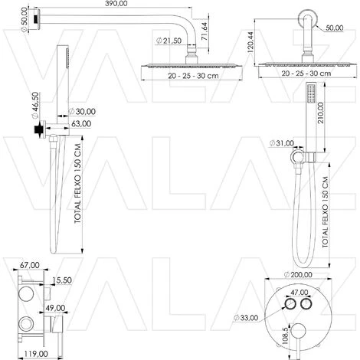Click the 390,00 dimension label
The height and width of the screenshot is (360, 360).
click(x=116, y=4)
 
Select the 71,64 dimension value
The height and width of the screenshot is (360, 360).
click(x=205, y=31)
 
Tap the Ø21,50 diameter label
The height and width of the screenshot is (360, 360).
click(x=169, y=41)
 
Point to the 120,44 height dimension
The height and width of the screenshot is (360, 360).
click(x=250, y=42)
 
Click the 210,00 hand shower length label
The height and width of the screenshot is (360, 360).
click(x=320, y=113)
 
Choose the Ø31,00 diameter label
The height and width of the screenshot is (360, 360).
click(x=282, y=143)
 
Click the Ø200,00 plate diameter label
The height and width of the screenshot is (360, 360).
click(x=298, y=275)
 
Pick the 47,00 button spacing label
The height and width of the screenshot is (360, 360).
click(x=299, y=292)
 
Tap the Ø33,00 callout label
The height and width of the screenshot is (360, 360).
click(x=246, y=318)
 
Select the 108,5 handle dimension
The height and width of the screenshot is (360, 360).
click(x=285, y=335)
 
